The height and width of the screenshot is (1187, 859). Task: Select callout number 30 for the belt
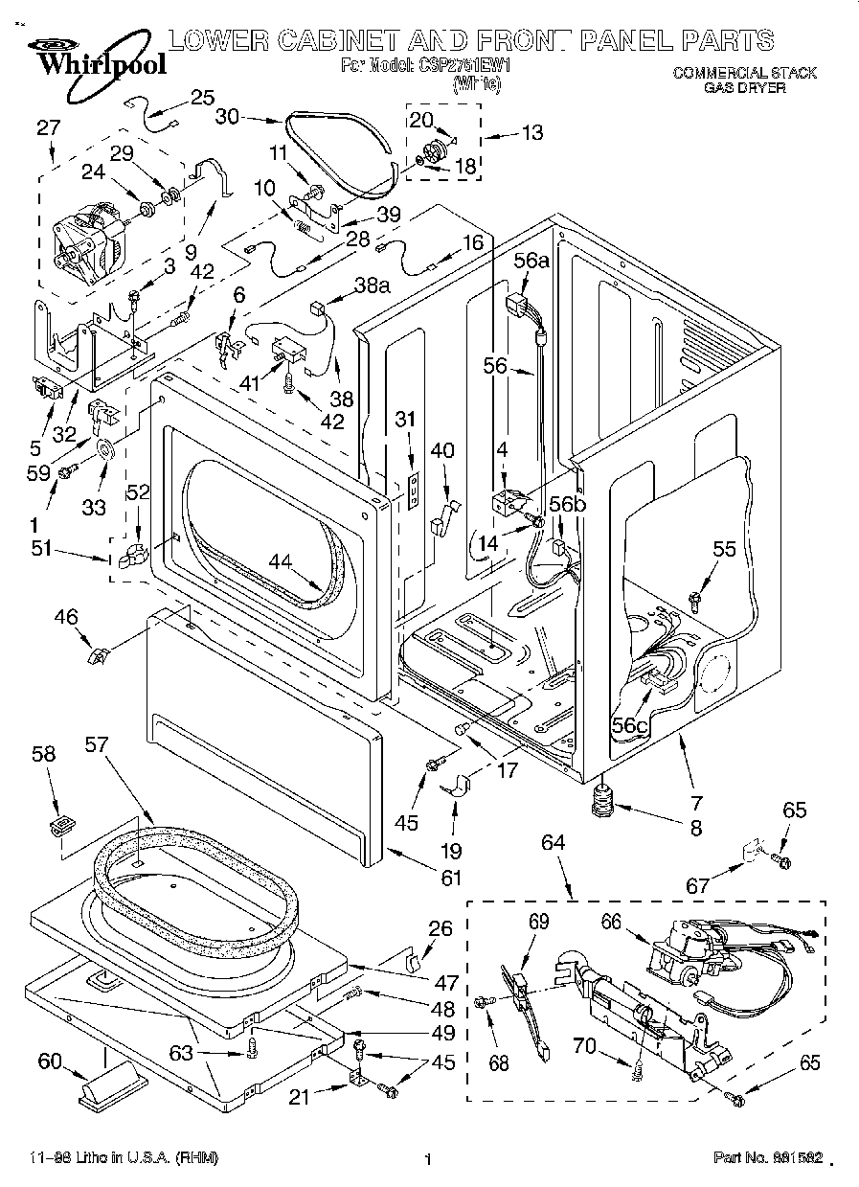(227, 117)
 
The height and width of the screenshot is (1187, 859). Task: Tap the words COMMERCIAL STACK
(744, 73)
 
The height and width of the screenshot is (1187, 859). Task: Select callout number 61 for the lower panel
(449, 877)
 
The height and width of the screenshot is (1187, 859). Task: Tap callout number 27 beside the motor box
(48, 126)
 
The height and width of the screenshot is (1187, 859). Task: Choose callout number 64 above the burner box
(554, 843)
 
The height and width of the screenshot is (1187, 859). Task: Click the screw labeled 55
(693, 599)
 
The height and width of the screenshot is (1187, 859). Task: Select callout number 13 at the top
(531, 132)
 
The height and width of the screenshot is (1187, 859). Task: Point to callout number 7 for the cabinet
(696, 802)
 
